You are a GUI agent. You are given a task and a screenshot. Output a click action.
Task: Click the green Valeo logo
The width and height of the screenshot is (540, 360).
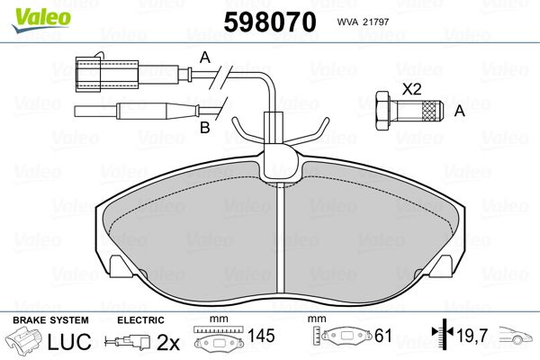pos(41,20)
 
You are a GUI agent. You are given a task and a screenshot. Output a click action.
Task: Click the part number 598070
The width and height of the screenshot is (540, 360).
pos(270,22)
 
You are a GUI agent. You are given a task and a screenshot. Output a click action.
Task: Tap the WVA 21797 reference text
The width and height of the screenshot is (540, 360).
pos(363,22)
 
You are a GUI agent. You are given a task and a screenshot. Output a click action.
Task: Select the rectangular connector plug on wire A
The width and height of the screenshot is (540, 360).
pos(106,74)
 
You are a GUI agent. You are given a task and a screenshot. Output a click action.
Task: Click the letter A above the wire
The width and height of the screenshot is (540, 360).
pos(205,58)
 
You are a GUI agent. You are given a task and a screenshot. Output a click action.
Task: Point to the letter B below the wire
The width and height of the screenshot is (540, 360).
pos(205,128)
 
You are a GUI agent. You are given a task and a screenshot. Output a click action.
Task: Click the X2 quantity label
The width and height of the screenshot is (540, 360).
pos(412,90)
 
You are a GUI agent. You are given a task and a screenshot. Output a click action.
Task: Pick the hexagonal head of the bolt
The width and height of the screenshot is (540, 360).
pos(383,111)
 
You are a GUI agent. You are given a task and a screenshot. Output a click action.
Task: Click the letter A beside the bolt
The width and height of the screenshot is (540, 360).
pos(460,111)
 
